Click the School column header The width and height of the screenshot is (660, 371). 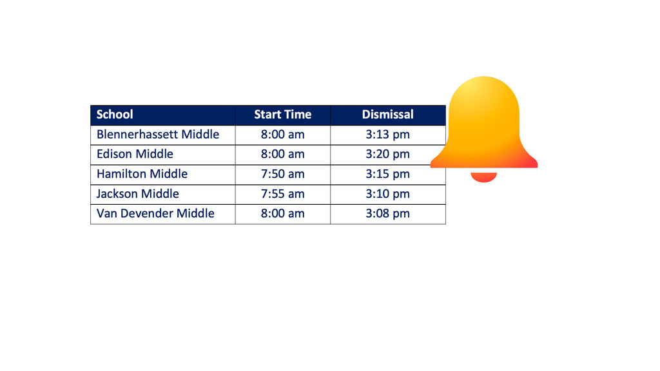(x=115, y=115)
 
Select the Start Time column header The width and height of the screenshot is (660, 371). (x=282, y=115)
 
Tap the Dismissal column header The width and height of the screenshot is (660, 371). (x=387, y=115)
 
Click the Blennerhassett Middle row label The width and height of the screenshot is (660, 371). (x=158, y=134)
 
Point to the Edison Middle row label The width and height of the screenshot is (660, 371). (x=135, y=154)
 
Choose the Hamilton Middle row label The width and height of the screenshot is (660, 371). (x=142, y=174)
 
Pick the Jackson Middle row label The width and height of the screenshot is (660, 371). (x=138, y=193)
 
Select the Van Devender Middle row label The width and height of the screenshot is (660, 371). (x=155, y=213)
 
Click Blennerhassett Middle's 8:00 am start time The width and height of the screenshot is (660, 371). (x=282, y=134)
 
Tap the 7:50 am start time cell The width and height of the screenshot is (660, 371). (x=282, y=174)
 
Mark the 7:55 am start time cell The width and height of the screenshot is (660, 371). (x=282, y=193)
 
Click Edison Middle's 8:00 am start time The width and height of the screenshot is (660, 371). (x=282, y=154)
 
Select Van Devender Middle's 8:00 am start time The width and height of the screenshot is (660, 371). (x=282, y=213)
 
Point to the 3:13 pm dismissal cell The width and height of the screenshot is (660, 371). (x=387, y=135)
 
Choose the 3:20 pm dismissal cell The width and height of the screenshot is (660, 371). (x=387, y=155)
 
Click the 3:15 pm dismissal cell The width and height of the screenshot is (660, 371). (x=387, y=174)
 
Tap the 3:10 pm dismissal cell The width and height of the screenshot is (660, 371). (x=387, y=194)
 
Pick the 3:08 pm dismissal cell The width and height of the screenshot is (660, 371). (x=387, y=214)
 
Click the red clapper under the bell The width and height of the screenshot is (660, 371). (x=483, y=176)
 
